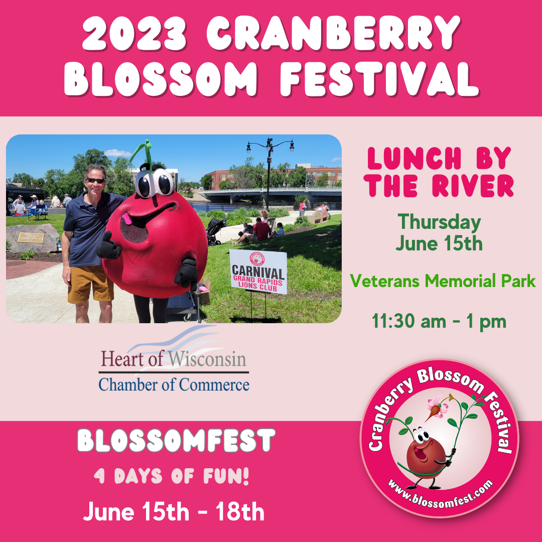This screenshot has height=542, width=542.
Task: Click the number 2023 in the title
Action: (135, 33)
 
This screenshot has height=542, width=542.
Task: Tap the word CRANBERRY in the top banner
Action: (334, 33)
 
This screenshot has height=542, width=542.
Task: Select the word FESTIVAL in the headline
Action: (379, 79)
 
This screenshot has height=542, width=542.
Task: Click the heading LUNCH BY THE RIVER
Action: (439, 172)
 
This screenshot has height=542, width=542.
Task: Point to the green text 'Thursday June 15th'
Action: (439, 232)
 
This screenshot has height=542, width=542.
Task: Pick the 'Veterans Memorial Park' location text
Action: (443, 281)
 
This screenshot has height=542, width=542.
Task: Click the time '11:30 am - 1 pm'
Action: (439, 322)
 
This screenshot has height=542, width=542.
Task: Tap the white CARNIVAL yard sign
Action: (258, 272)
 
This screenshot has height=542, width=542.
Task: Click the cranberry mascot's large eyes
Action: (154, 183)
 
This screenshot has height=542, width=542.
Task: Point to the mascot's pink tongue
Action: (126, 218)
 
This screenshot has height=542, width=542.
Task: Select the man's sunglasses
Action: (95, 181)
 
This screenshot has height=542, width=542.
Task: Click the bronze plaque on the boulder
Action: (31, 237)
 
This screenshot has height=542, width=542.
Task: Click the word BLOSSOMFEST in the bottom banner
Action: (176, 440)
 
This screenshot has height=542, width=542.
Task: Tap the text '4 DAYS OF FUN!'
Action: (172, 476)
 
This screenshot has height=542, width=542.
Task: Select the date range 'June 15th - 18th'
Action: (174, 511)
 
